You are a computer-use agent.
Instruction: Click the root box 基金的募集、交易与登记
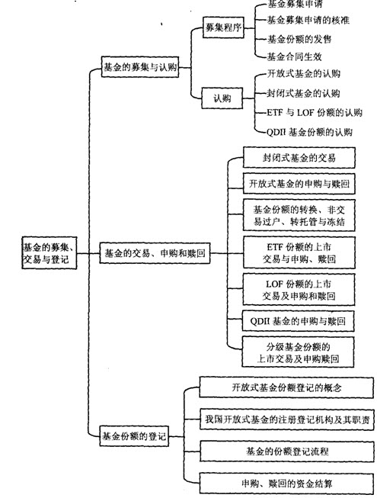pos(50,252)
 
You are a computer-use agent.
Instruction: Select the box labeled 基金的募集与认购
pos(140,67)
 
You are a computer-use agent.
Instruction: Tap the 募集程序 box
pos(224,27)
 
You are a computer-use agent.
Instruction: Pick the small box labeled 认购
pos(222,98)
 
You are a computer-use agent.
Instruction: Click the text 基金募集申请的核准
pos(308,21)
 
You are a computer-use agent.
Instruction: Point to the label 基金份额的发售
pos(299,39)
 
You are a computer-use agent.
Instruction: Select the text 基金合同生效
pos(295,57)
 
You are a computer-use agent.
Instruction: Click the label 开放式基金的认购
pos(304,74)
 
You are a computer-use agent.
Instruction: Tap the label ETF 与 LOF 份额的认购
pos(315,112)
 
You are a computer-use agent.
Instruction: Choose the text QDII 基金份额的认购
pos(309,131)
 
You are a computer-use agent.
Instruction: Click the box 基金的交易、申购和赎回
pos(155,253)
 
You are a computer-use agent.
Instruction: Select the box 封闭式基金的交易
pos(299,158)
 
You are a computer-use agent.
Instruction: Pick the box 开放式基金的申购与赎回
pos(299,184)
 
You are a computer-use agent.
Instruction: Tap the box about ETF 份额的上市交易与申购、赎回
pos(299,252)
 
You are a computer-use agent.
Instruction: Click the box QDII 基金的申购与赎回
pos(298,321)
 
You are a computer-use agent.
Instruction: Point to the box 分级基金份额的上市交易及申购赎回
pos(298,352)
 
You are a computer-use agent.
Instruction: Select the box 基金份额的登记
pos(134,436)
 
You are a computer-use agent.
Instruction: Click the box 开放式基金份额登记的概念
pos(286,387)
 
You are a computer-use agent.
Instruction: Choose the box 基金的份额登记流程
pos(287,451)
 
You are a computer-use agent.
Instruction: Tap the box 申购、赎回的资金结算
pos(286,484)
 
